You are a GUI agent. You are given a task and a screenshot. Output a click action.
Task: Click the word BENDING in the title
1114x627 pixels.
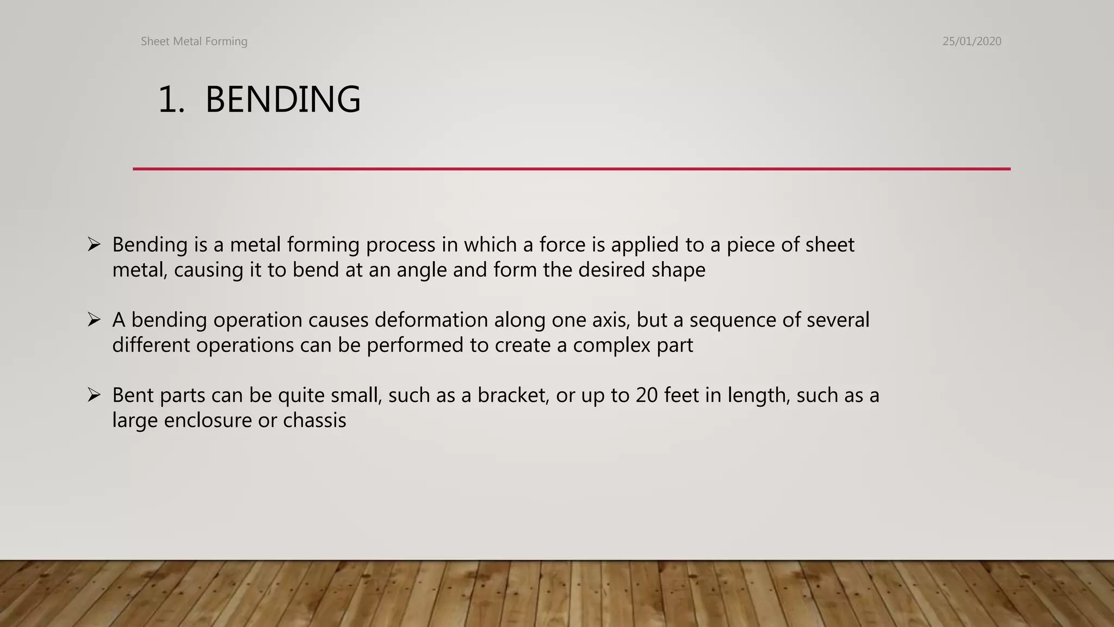[x=283, y=100]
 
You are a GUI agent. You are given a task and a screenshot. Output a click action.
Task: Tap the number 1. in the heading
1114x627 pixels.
[x=171, y=100]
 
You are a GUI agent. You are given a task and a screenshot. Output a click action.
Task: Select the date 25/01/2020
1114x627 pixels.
[x=971, y=41]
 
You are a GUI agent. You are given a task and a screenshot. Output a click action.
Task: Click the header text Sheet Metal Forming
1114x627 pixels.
[x=194, y=41]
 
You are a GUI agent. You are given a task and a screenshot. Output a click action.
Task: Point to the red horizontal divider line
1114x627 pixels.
[x=571, y=169]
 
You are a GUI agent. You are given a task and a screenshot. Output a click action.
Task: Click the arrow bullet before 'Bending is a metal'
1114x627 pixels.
[x=94, y=244]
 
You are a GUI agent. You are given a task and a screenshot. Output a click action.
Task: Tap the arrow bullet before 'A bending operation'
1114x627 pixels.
[x=94, y=319]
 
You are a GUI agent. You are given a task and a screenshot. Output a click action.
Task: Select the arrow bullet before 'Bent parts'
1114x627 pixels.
[x=94, y=395]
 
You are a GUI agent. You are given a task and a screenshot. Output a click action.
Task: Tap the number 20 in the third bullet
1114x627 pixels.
[x=647, y=395]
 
